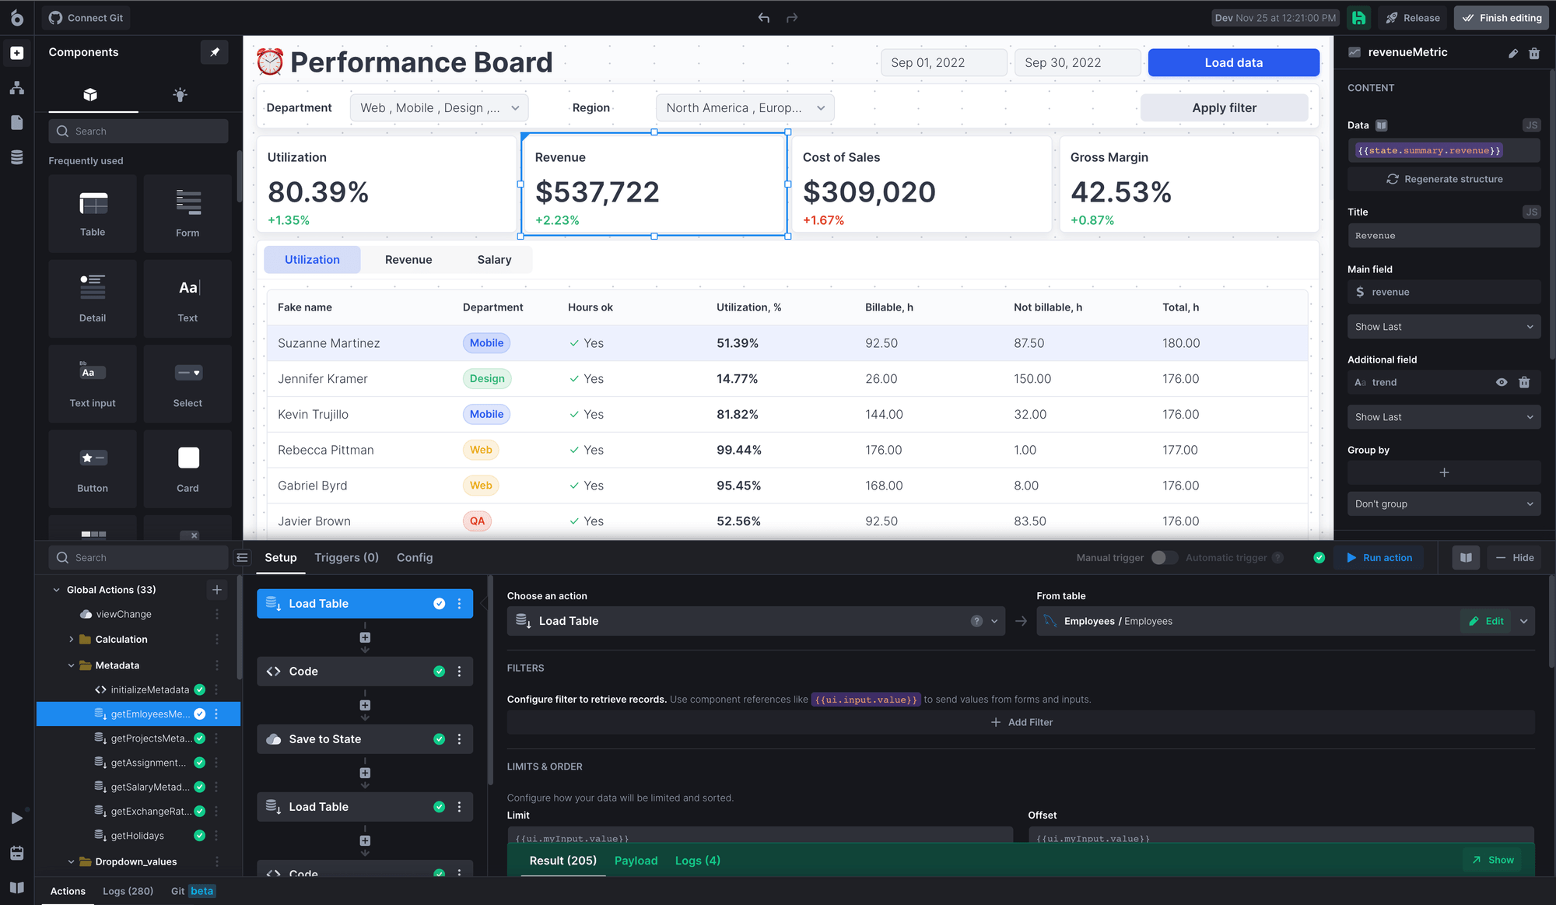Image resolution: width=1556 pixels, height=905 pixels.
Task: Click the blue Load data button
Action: point(1233,63)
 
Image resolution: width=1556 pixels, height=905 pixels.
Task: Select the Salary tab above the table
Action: point(494,260)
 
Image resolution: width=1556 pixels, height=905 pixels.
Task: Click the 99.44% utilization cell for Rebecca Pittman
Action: point(738,450)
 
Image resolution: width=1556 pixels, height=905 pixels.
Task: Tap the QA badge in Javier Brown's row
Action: point(477,521)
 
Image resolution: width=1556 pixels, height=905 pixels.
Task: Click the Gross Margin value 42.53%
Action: point(1120,192)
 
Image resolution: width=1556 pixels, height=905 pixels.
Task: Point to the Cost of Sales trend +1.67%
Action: point(823,220)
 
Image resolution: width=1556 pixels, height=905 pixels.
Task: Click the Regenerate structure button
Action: point(1444,179)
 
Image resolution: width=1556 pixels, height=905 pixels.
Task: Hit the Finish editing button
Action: point(1501,18)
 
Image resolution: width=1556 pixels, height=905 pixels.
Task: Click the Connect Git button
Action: point(86,18)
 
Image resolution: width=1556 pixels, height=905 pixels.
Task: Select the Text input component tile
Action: point(93,384)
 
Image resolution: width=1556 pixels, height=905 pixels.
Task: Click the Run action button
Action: point(1379,558)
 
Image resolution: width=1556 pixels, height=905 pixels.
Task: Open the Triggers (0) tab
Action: point(346,558)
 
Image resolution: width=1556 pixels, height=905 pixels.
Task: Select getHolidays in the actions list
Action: point(137,836)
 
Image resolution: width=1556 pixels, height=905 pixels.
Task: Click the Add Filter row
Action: point(1021,722)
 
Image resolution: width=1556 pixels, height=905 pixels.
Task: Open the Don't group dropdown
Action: point(1443,504)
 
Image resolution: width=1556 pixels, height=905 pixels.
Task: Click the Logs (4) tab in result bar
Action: point(697,861)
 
